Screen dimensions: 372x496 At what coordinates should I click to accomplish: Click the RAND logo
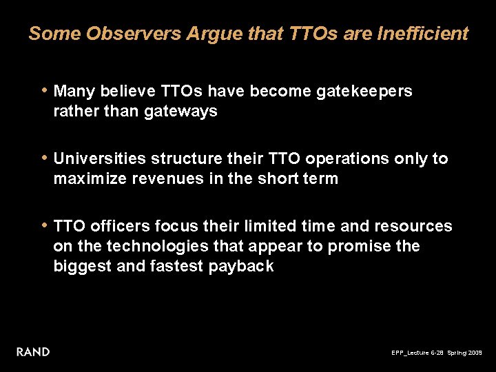tap(33, 352)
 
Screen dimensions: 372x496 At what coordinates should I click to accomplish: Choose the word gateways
tap(181, 111)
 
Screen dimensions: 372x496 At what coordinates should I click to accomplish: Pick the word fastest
tap(176, 266)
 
